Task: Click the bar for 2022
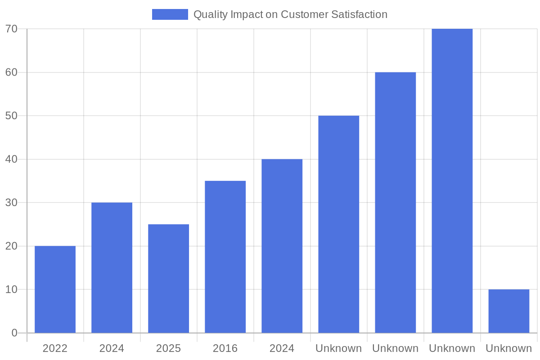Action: click(x=55, y=289)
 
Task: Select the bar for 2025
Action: click(x=168, y=279)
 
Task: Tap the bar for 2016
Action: click(x=225, y=257)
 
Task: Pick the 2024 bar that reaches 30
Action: click(x=112, y=268)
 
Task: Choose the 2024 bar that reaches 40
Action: click(x=282, y=246)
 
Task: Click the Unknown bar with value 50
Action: click(x=338, y=224)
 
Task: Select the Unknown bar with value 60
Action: click(x=395, y=202)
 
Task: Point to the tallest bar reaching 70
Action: click(x=452, y=181)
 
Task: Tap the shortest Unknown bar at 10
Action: click(x=508, y=311)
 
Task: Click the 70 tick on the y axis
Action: click(x=11, y=29)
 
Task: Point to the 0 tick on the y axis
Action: click(x=14, y=333)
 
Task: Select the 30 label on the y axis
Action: click(x=11, y=202)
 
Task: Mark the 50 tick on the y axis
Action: click(x=11, y=116)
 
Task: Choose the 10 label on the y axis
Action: click(x=11, y=289)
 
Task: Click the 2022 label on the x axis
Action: click(x=55, y=348)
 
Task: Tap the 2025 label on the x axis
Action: click(x=168, y=348)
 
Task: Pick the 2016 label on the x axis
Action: click(x=225, y=348)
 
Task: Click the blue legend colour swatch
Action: click(x=170, y=14)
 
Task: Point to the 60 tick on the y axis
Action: click(x=11, y=72)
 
